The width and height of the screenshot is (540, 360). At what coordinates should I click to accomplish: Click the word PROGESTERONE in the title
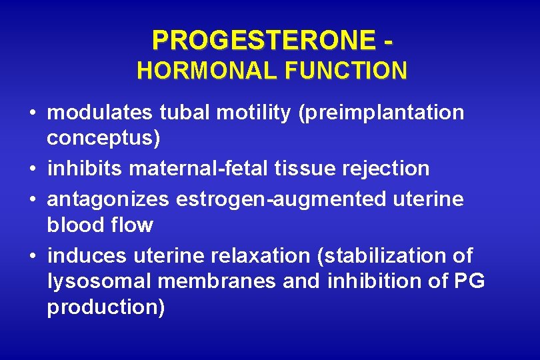pyautogui.click(x=262, y=41)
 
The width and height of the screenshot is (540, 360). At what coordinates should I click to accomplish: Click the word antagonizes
pyautogui.click(x=108, y=198)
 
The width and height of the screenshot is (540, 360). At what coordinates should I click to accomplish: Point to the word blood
pyautogui.click(x=72, y=225)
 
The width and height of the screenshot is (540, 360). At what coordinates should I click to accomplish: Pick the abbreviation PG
pyautogui.click(x=469, y=281)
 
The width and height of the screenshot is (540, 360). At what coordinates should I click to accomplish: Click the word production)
pyautogui.click(x=105, y=308)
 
